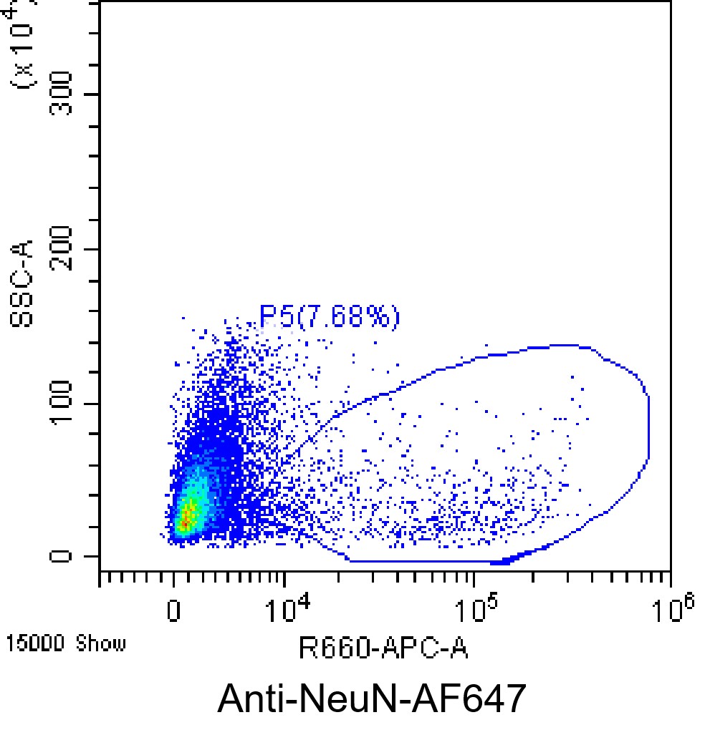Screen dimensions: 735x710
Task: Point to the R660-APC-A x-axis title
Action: coord(383,650)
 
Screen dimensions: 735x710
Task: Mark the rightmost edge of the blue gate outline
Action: coord(648,429)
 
